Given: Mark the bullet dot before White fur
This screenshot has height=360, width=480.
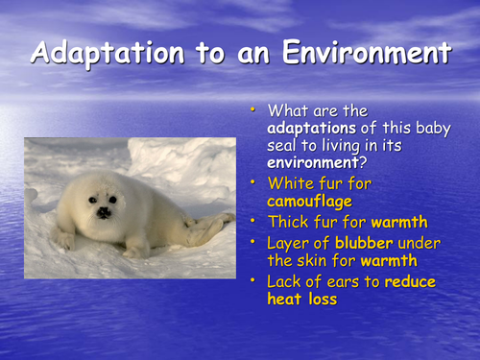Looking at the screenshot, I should tap(255, 180).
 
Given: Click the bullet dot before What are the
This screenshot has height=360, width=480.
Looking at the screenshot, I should tap(255, 110).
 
